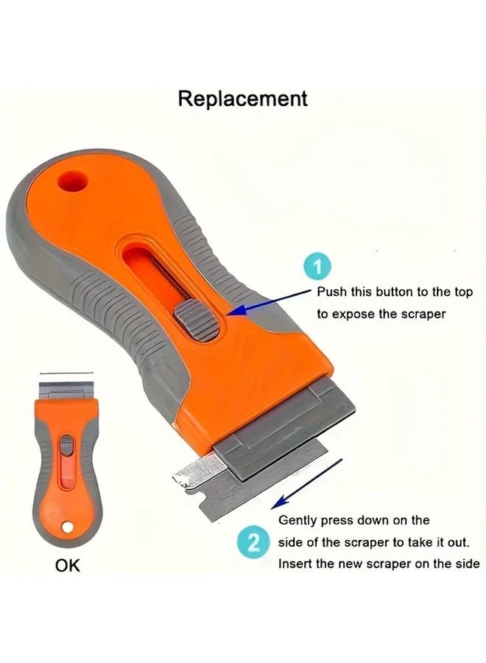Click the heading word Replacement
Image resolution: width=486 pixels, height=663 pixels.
coord(242,99)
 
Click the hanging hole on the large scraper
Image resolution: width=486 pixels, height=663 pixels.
coord(72,179)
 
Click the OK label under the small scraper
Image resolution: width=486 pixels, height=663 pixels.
coord(67,566)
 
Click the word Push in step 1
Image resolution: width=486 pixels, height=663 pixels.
coord(331,292)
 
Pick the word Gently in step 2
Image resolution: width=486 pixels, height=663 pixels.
coord(297,520)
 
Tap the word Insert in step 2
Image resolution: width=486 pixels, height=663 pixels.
coord(295,564)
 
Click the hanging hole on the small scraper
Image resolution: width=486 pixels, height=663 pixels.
coord(67,527)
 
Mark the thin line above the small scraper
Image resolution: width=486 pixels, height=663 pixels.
coord(67,373)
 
